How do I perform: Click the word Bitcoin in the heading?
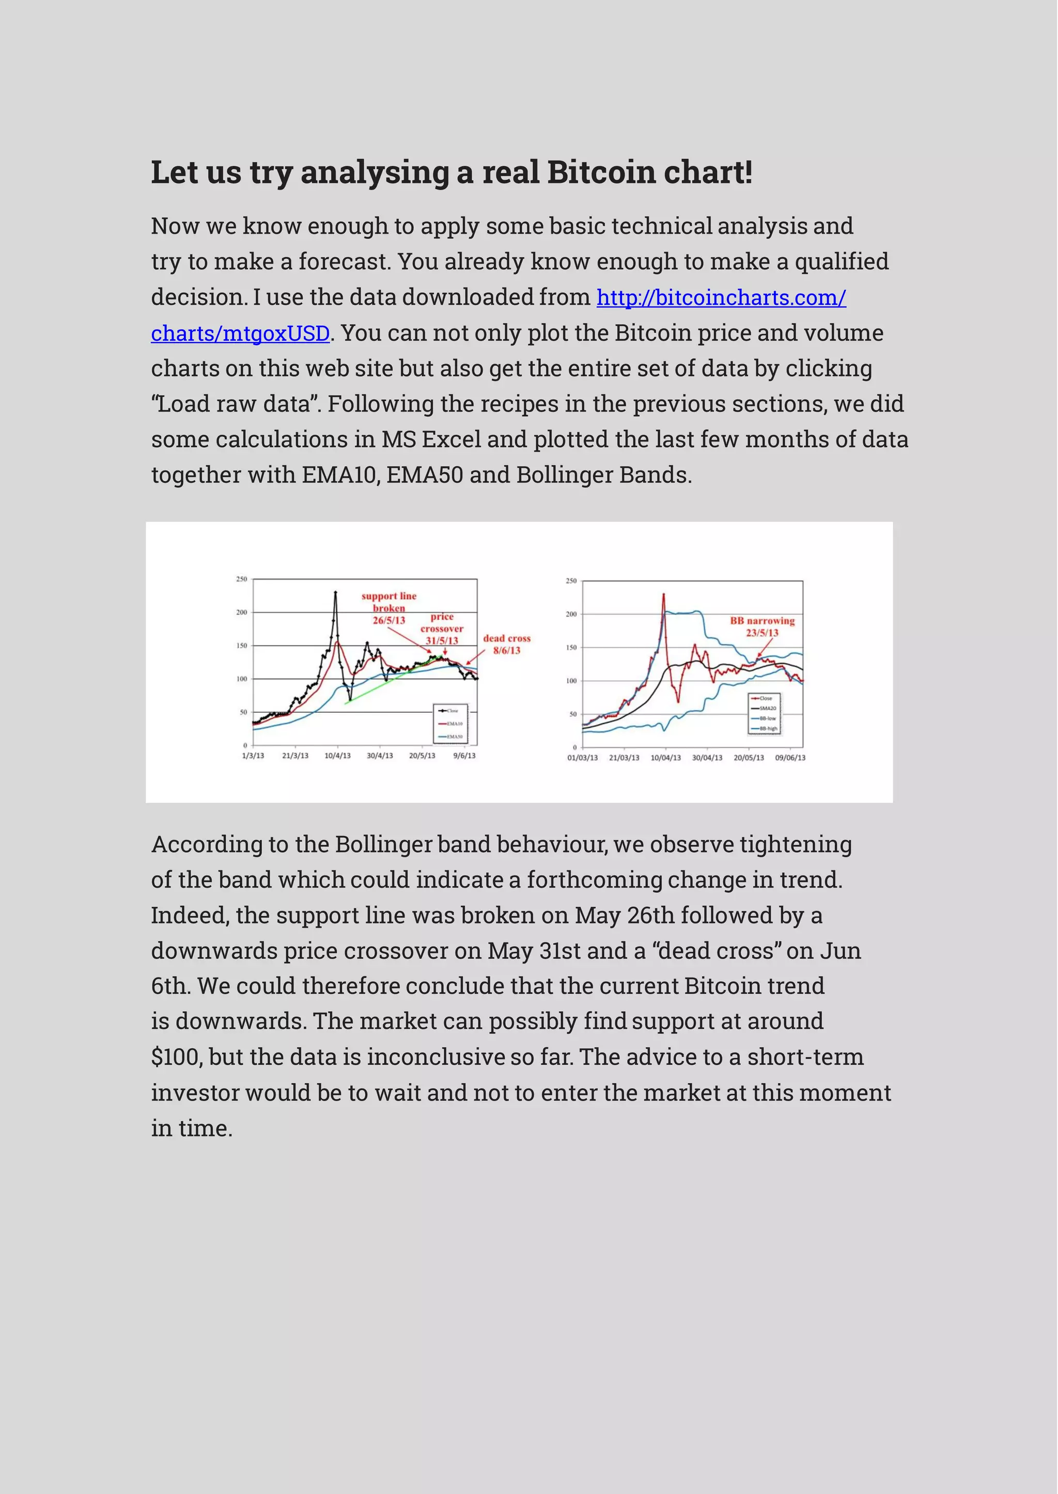[x=600, y=172]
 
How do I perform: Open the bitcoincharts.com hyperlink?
[x=721, y=297]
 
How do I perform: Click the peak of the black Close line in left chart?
[x=335, y=593]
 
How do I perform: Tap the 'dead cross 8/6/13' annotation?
[x=507, y=644]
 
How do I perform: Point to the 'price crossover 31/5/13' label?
[x=442, y=628]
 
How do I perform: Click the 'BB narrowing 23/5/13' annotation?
[x=762, y=626]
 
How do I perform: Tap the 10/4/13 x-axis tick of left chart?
[x=337, y=756]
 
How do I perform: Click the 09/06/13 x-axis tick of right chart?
[x=790, y=758]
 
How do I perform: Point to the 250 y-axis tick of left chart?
[x=242, y=579]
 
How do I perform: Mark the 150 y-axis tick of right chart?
[x=571, y=648]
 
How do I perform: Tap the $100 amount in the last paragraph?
[x=177, y=1057]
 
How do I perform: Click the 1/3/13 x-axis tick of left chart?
[x=253, y=756]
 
